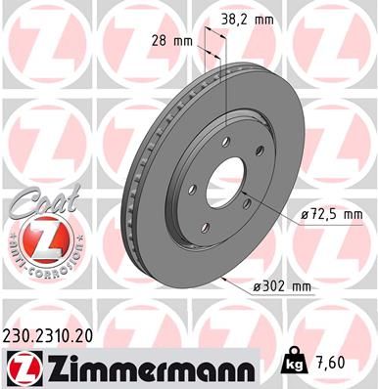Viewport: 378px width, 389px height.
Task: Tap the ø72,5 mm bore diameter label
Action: click(x=331, y=213)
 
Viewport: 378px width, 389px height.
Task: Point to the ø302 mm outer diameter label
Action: click(x=283, y=285)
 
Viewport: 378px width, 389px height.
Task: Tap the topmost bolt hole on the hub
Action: click(x=227, y=143)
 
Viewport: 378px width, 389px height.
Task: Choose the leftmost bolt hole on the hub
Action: click(x=193, y=190)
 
